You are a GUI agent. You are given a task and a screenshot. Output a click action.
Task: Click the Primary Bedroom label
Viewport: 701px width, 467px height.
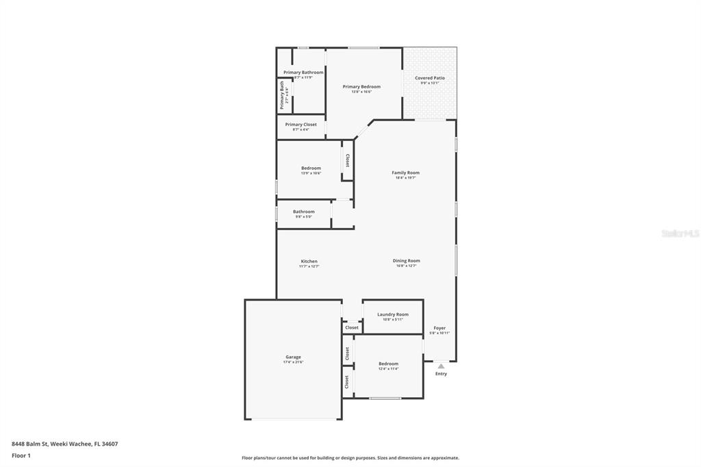(x=361, y=87)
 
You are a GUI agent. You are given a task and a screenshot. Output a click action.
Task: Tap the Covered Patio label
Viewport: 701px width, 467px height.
(x=430, y=78)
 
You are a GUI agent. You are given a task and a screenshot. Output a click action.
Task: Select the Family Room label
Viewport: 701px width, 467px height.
(x=405, y=173)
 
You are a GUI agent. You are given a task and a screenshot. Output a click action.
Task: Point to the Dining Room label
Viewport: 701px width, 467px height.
(x=406, y=261)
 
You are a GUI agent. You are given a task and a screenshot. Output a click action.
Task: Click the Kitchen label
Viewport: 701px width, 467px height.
(x=309, y=262)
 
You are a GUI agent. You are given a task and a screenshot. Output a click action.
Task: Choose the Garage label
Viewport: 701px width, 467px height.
(x=293, y=357)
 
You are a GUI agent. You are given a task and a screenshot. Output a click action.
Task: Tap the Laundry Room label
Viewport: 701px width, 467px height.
(x=393, y=314)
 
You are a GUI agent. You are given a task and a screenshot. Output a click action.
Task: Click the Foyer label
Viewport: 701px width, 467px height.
(x=439, y=329)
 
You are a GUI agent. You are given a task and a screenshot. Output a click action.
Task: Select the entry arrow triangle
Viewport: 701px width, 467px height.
(x=441, y=366)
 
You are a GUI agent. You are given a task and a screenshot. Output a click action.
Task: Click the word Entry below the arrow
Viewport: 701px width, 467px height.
(x=441, y=374)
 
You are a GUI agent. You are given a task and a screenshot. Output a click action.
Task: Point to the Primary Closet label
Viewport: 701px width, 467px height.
(x=301, y=125)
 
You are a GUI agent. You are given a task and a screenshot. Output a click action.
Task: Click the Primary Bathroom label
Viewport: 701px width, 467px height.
(x=303, y=73)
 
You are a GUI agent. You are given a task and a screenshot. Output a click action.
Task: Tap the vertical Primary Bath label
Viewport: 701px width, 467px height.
(x=282, y=96)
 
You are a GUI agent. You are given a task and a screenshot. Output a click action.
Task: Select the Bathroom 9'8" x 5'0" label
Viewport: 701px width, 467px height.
(x=304, y=212)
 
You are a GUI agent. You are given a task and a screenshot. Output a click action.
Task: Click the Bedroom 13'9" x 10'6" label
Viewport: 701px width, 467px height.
(x=311, y=168)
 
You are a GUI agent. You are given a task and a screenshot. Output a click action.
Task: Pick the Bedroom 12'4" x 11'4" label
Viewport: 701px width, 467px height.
(x=388, y=364)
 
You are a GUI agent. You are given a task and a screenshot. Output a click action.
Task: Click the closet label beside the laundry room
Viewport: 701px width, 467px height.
(x=352, y=328)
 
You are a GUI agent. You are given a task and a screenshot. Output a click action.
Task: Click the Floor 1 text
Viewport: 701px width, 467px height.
(x=21, y=455)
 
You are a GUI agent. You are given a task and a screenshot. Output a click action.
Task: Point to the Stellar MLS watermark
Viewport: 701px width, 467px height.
(x=679, y=233)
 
